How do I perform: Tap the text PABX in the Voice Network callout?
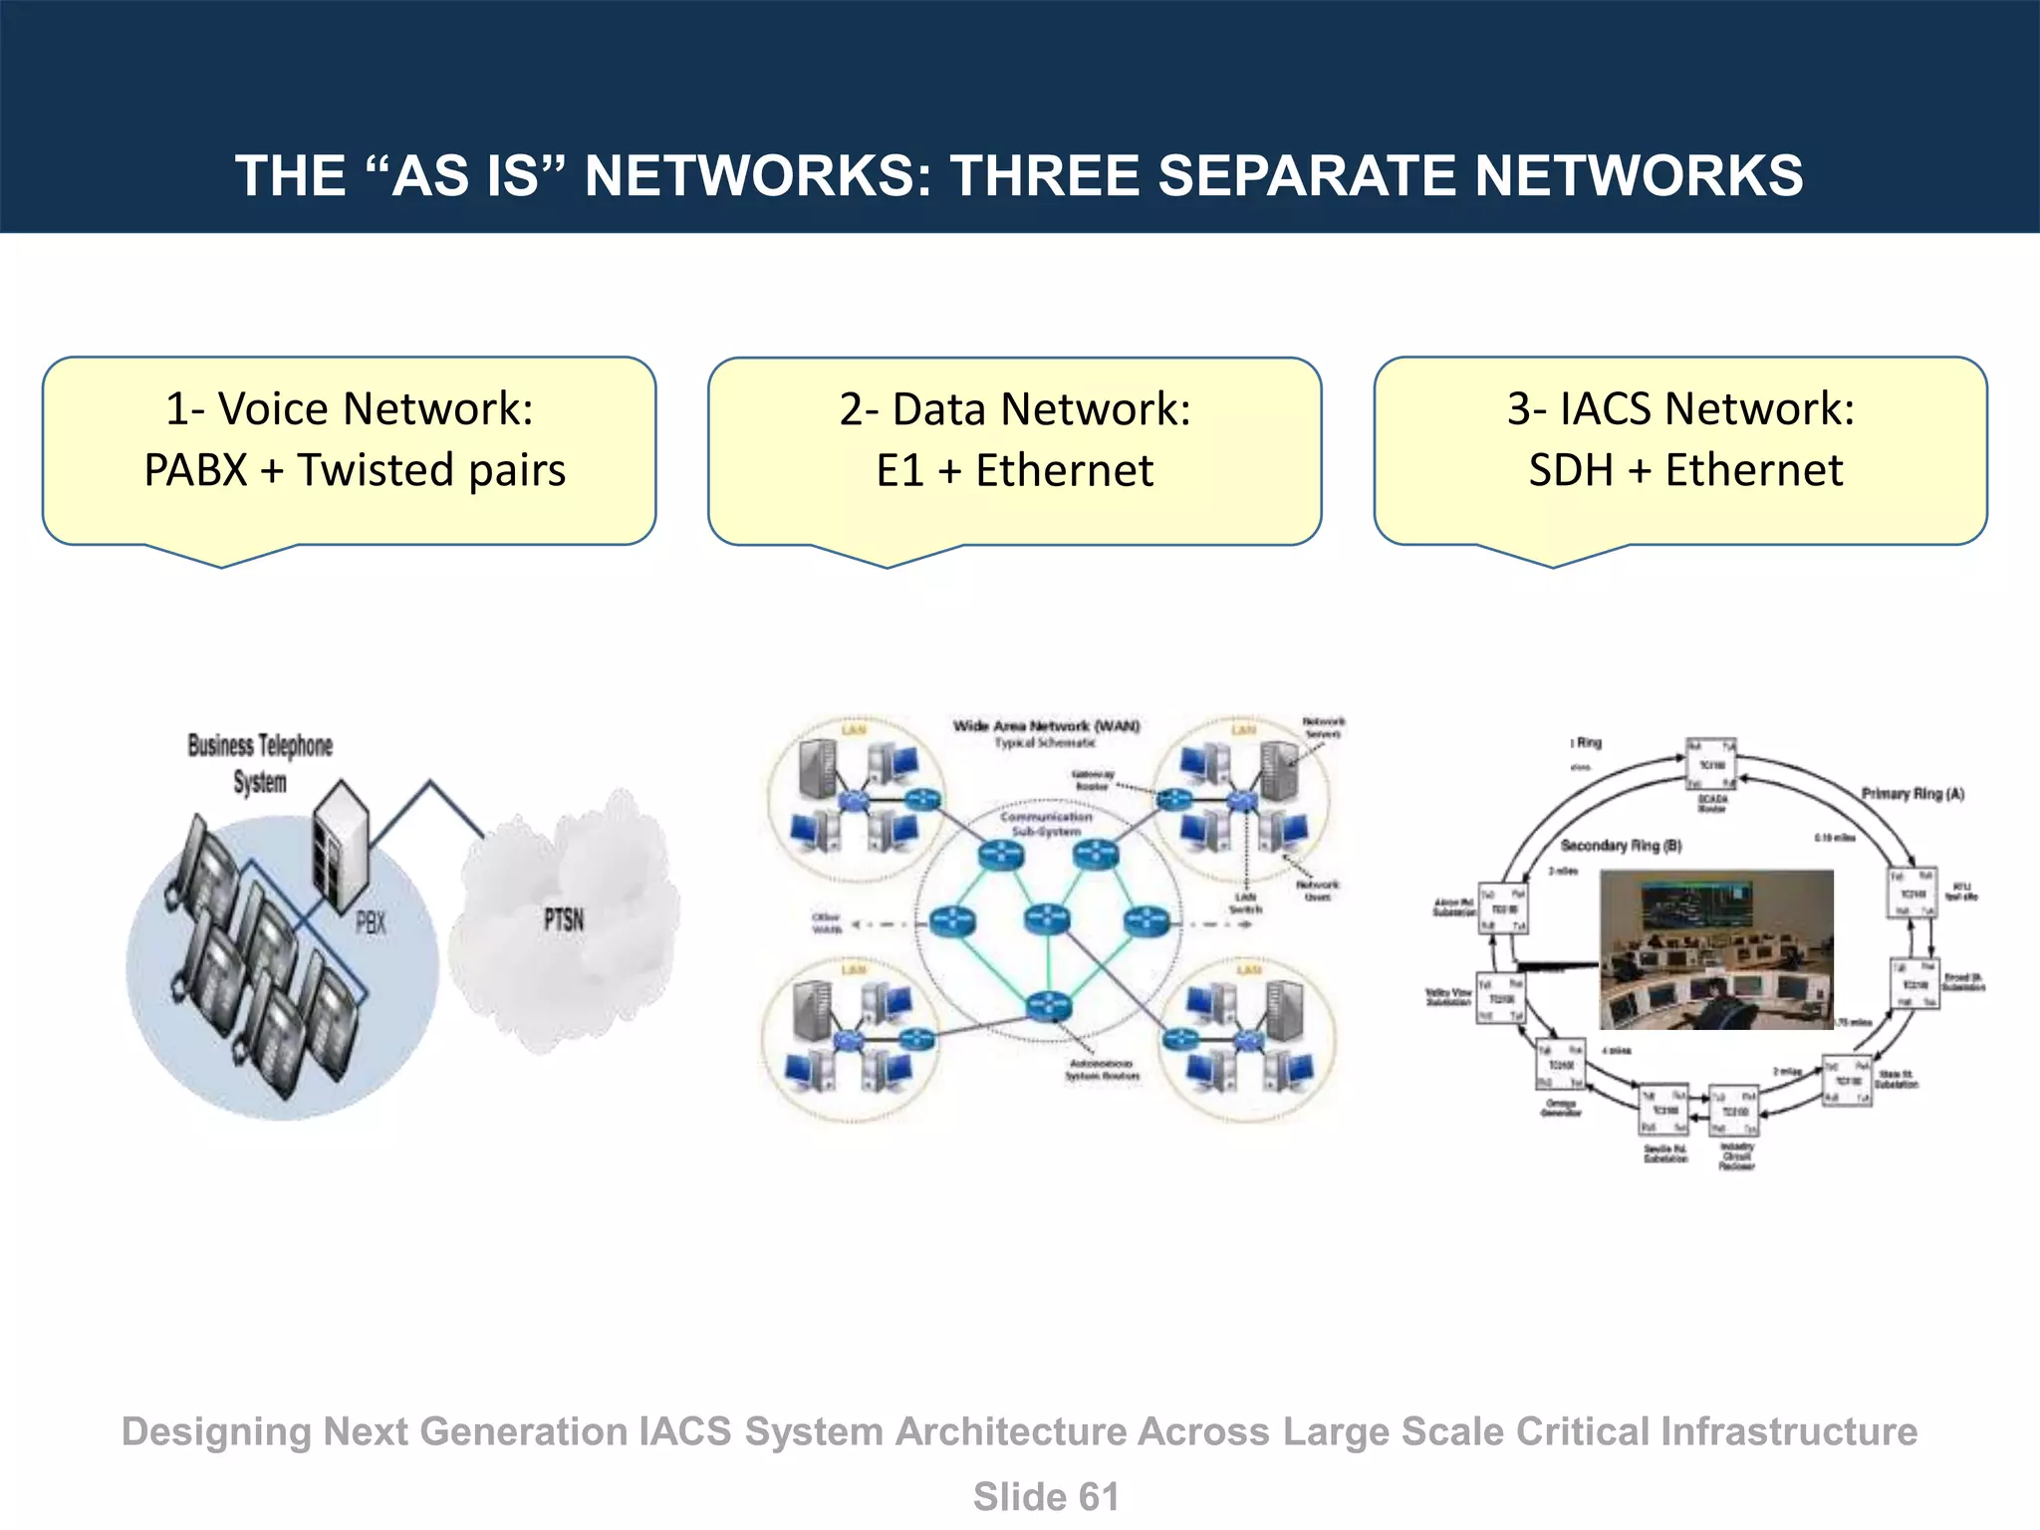pos(195,470)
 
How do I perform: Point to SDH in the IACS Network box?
pos(1571,471)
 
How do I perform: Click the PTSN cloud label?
pos(564,919)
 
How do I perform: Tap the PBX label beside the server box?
pos(371,923)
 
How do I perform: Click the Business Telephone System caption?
pos(260,763)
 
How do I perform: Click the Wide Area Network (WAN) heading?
pos(1046,725)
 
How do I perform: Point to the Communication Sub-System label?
pos(1046,823)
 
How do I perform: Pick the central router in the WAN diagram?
pos(1047,917)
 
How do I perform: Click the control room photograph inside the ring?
pos(1715,948)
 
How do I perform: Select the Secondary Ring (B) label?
pos(1621,846)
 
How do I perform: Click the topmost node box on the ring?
pos(1710,764)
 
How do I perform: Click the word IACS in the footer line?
pos(684,1432)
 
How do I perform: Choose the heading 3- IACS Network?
pos(1680,408)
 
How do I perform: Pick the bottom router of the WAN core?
pos(1047,1006)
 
